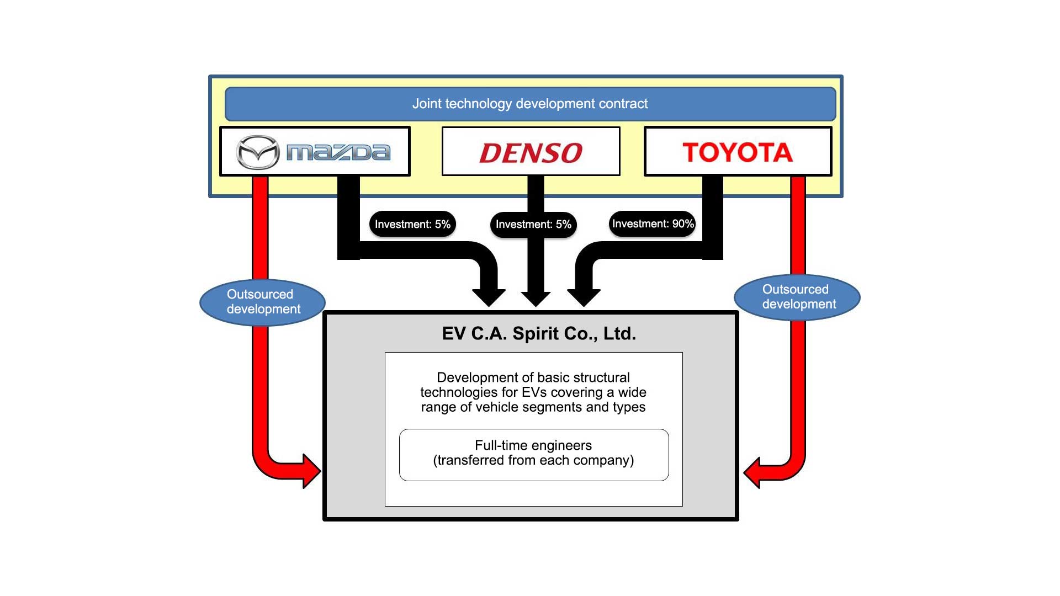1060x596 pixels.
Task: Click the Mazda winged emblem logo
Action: click(x=257, y=152)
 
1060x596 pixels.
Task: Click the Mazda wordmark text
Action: click(x=338, y=152)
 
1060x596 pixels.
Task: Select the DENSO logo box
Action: click(x=531, y=152)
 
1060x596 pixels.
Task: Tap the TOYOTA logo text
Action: click(x=738, y=152)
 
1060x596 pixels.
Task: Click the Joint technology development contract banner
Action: click(x=530, y=104)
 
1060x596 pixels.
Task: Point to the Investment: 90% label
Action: click(x=653, y=223)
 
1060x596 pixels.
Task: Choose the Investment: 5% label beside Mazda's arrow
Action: click(x=412, y=224)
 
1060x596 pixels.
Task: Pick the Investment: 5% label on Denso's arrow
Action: click(x=533, y=225)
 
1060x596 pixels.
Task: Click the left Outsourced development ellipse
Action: click(x=263, y=302)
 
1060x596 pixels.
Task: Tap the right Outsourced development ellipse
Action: click(x=797, y=297)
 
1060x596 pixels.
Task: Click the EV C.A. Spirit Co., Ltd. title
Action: click(x=539, y=333)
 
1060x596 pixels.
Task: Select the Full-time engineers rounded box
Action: click(x=533, y=455)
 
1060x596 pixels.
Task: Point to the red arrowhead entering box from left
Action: click(x=310, y=471)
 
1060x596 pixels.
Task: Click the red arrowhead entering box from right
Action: click(x=754, y=472)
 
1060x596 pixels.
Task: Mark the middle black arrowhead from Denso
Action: click(x=535, y=299)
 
